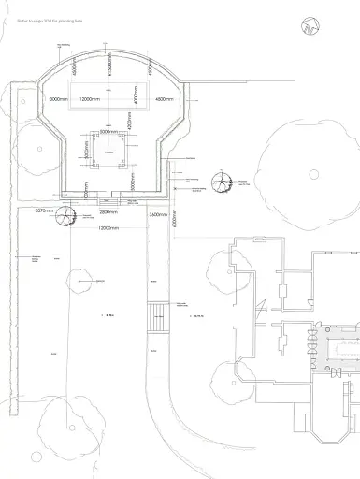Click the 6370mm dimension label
pyautogui.click(x=45, y=212)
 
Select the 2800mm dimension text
pyautogui.click(x=109, y=212)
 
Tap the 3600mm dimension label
pyautogui.click(x=159, y=214)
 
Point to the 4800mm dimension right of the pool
pyautogui.click(x=166, y=98)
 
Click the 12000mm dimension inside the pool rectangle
pyautogui.click(x=92, y=98)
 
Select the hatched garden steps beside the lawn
pyautogui.click(x=157, y=315)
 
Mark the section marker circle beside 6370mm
pyautogui.click(x=65, y=217)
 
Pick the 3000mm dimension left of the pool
pyautogui.click(x=58, y=98)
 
